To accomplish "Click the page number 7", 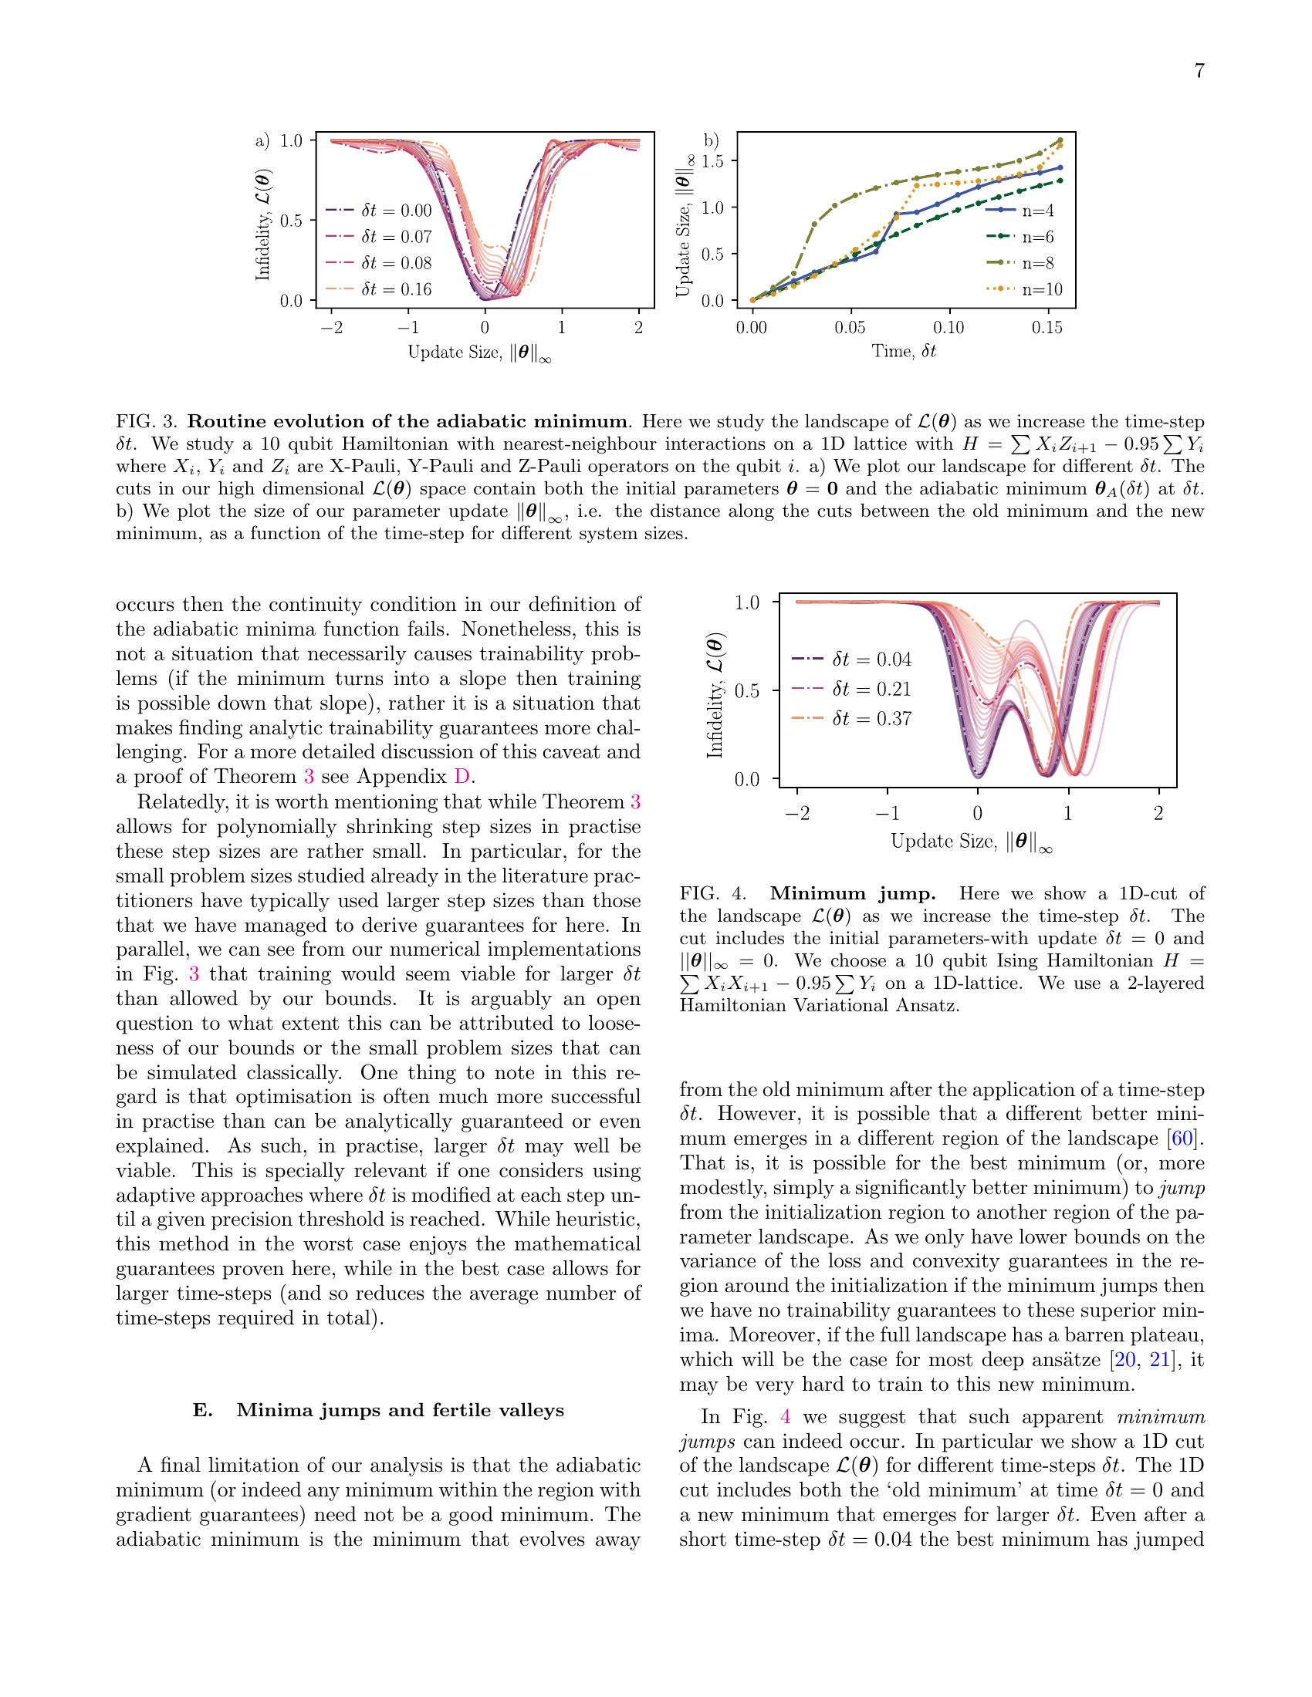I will [1199, 72].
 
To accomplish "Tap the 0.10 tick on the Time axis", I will [948, 327].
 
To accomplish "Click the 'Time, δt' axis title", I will [904, 351].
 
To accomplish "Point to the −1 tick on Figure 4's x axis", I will [887, 814].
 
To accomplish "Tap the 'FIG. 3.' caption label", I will [147, 422].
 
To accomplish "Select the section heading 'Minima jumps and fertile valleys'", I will [400, 1410].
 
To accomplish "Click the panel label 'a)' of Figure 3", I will [262, 140].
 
